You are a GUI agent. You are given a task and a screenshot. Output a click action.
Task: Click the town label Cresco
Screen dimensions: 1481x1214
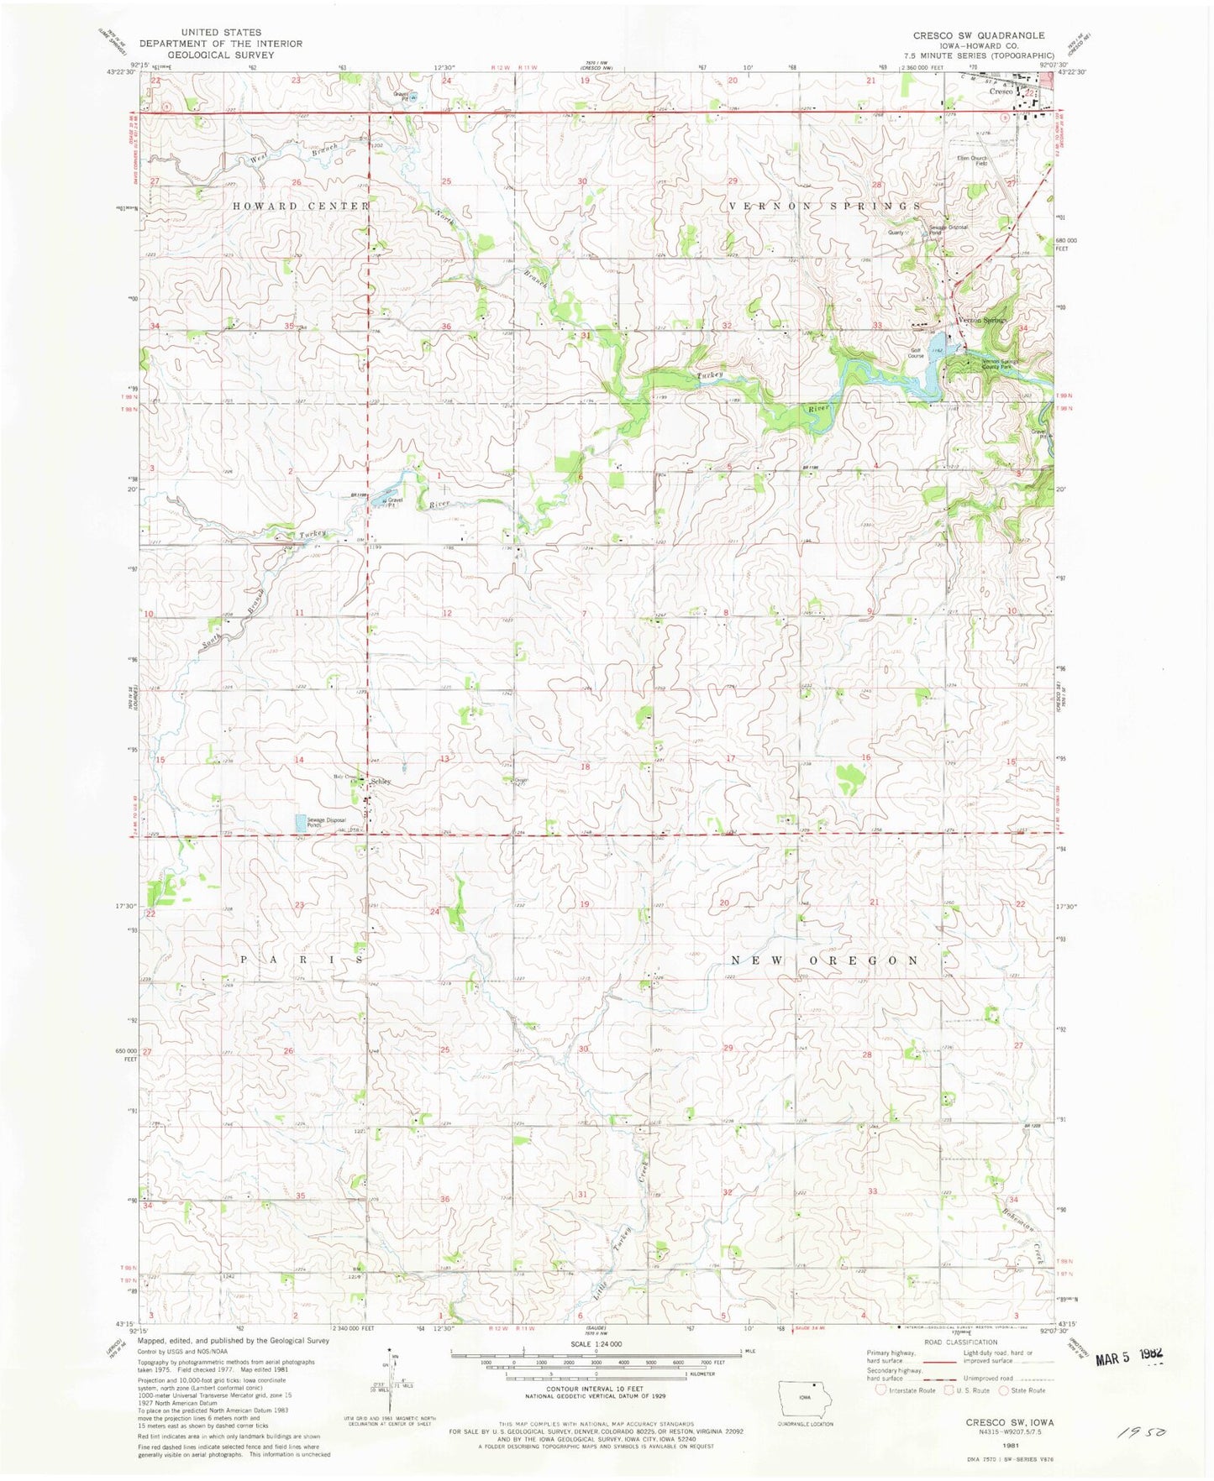[1000, 91]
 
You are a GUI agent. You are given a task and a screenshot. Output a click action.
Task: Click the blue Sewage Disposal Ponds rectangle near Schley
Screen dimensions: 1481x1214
[300, 824]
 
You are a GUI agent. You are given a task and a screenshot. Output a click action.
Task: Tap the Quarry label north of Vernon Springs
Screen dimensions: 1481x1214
[896, 233]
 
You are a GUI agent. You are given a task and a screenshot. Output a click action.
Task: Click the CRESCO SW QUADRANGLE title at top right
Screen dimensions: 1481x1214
[979, 35]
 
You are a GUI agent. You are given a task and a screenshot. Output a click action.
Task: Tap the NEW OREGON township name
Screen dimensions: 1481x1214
[825, 960]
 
